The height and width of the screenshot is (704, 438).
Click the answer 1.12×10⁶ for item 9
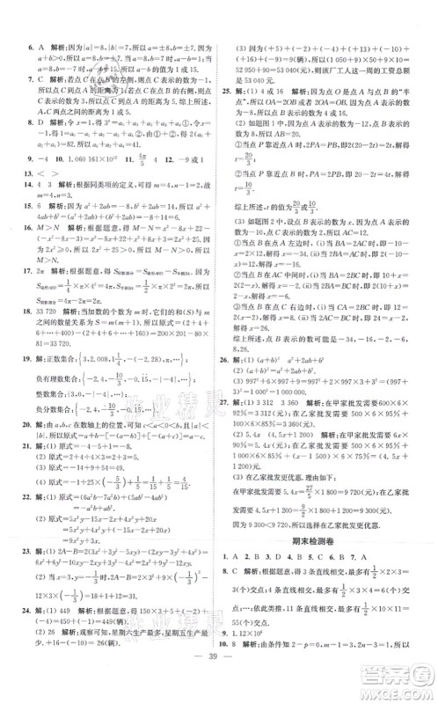point(256,629)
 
